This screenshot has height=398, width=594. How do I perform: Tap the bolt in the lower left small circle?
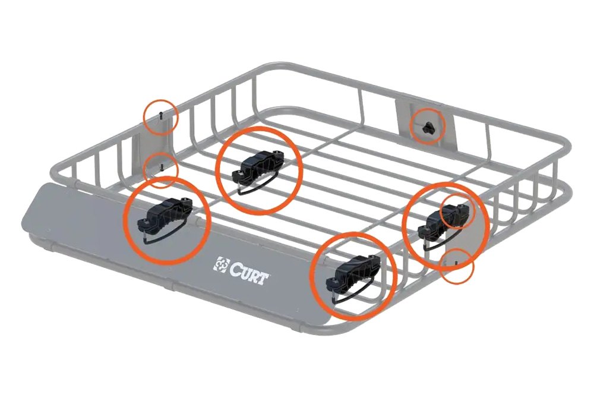coord(162,167)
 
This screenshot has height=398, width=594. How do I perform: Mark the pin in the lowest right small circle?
coord(454,260)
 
